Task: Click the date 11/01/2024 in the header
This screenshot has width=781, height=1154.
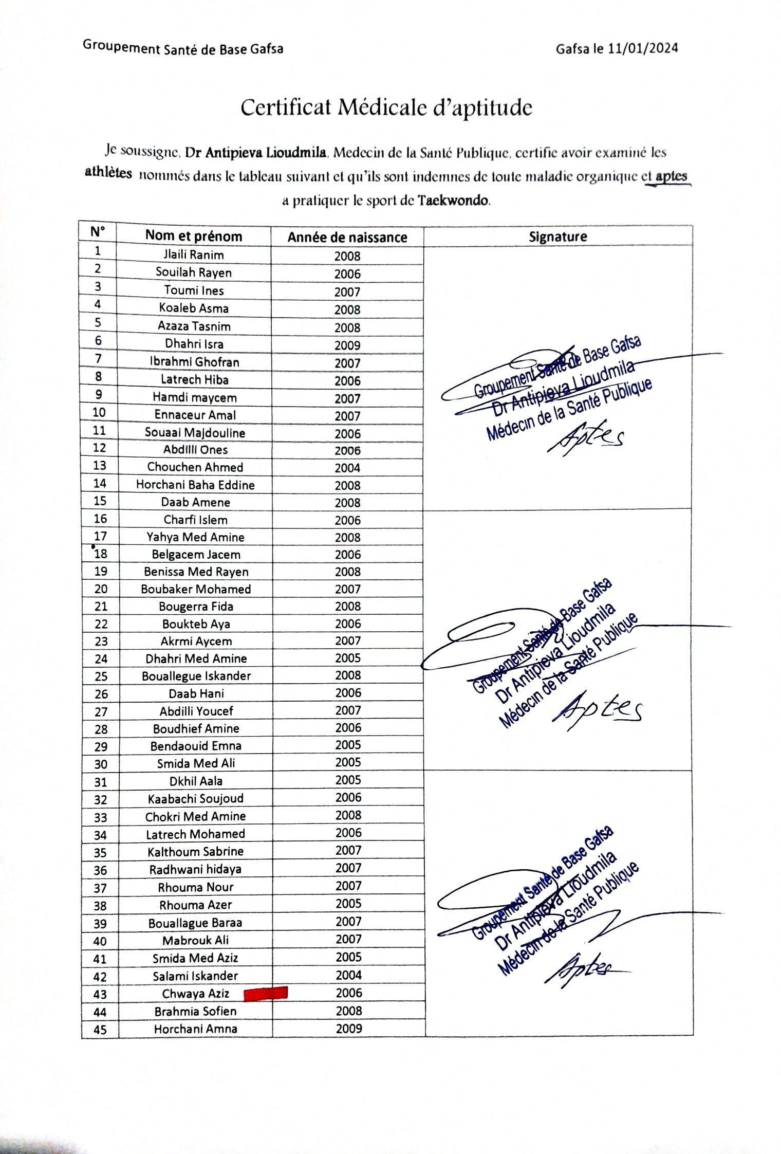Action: (642, 48)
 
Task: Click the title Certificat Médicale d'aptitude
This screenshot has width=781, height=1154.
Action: (386, 108)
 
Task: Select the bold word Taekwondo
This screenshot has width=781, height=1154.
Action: (453, 200)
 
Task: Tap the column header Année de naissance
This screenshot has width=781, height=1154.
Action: (347, 237)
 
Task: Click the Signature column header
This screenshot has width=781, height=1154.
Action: (557, 237)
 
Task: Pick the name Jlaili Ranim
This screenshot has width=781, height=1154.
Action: (194, 255)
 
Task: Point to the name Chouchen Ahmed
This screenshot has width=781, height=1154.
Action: (195, 467)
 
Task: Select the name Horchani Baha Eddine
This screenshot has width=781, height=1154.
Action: (195, 485)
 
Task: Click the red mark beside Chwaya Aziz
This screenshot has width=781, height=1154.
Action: (265, 994)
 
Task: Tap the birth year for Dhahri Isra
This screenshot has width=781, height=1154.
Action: (347, 345)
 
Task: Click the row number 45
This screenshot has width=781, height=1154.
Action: (100, 1030)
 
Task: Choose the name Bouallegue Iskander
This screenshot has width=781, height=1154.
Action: (196, 676)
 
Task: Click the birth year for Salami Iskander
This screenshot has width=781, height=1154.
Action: (348, 975)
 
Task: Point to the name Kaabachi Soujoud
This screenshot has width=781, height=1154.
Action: (195, 799)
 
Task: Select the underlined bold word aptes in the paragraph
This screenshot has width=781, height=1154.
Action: (671, 176)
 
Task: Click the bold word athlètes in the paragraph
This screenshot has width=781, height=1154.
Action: (108, 173)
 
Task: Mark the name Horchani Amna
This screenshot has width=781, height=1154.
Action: (195, 1029)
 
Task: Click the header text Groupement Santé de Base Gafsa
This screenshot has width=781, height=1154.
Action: (183, 48)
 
